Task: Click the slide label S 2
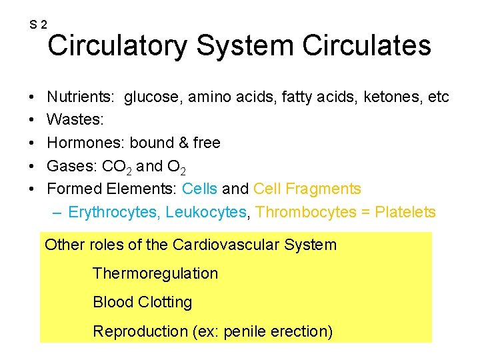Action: (x=38, y=25)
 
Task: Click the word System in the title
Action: (x=245, y=46)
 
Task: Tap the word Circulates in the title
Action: (x=367, y=46)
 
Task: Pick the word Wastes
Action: (x=73, y=121)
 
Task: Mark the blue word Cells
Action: (x=199, y=189)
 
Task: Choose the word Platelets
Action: (x=405, y=213)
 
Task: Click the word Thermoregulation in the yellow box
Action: (x=155, y=273)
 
